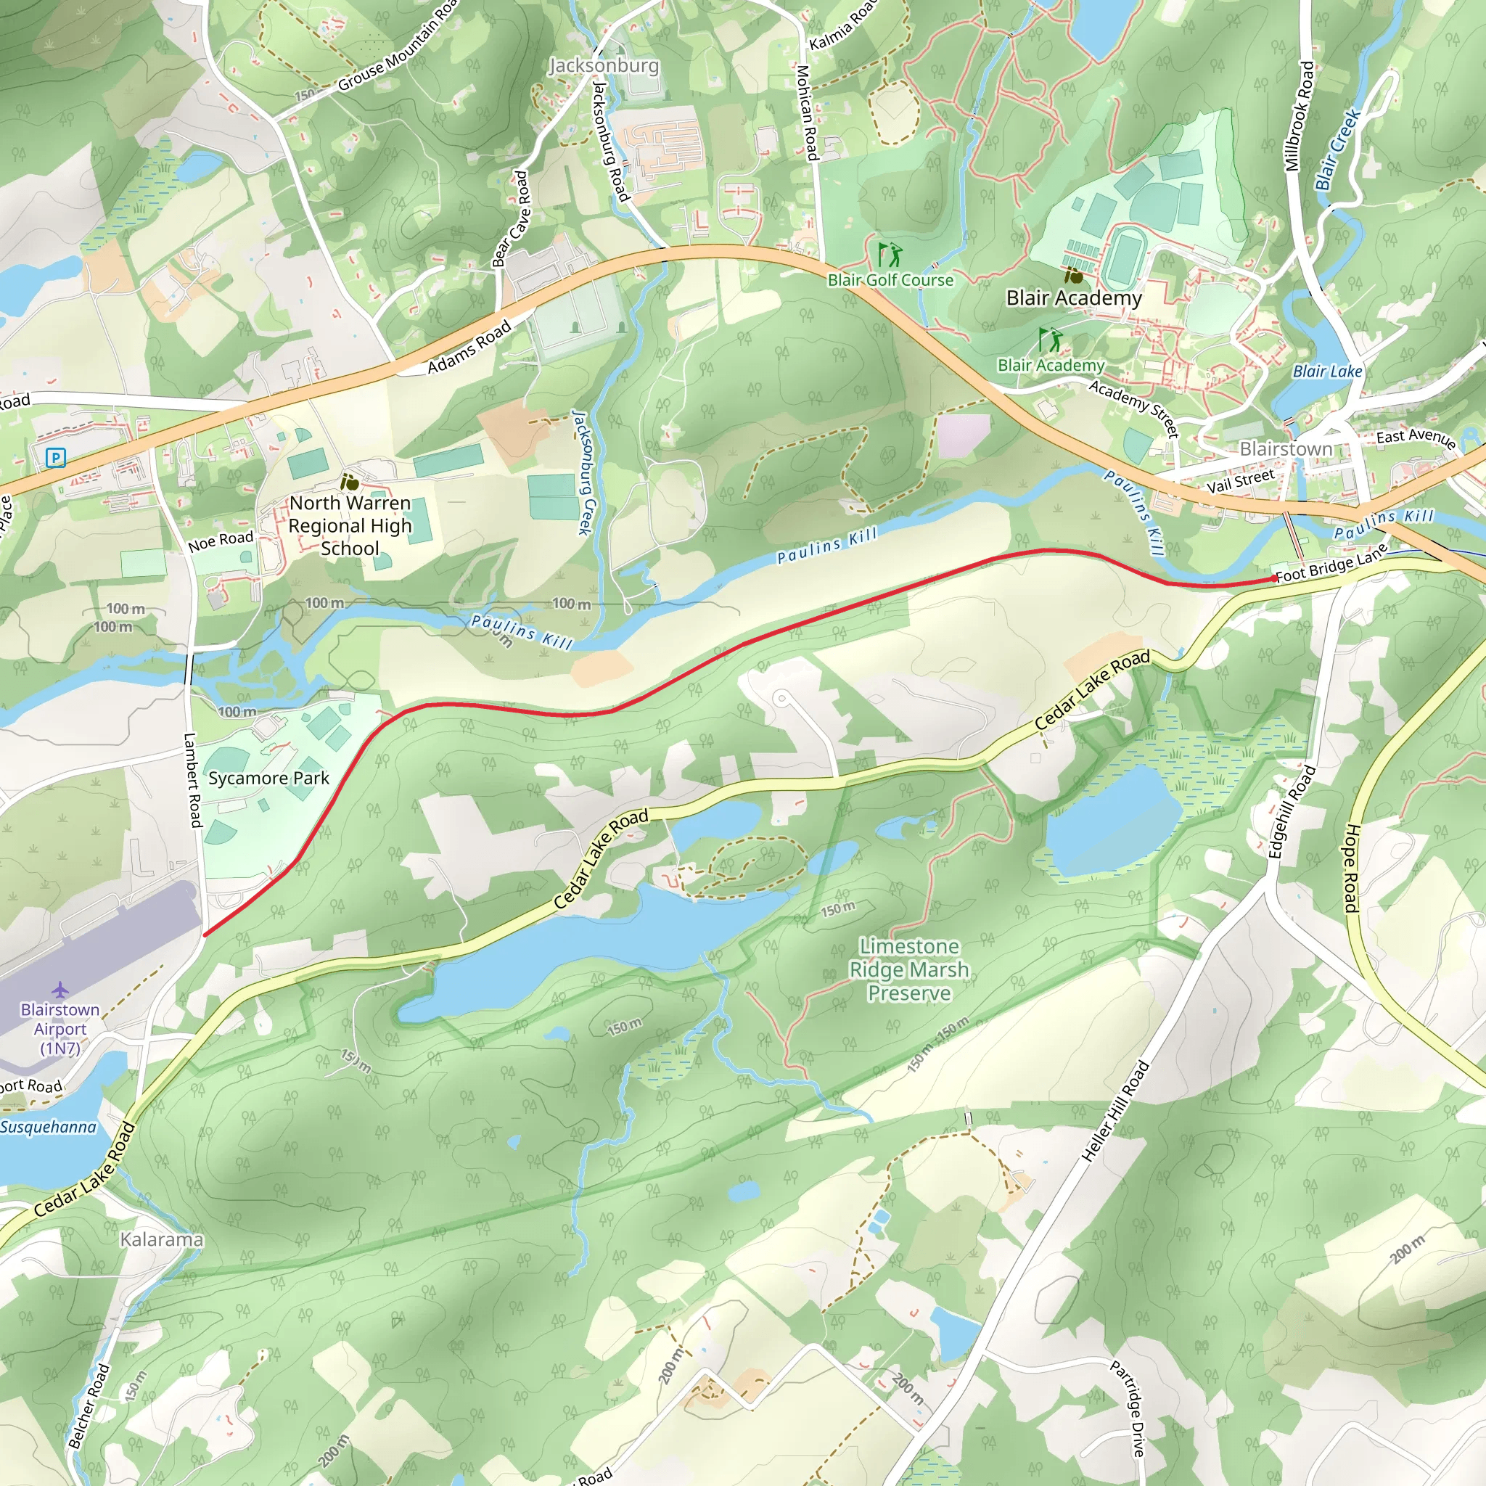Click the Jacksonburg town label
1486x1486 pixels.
[604, 65]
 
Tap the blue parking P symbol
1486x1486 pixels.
[55, 459]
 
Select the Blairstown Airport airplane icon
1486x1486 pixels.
[60, 989]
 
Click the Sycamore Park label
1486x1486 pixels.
[268, 779]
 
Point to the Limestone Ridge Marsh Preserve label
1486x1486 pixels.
[908, 970]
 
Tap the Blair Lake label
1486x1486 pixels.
[1327, 371]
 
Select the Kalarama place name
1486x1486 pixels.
[162, 1239]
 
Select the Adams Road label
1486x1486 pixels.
[469, 347]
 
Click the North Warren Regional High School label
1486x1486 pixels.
[350, 525]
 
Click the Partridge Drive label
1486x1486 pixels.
[1128, 1408]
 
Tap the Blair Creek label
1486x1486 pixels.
[1337, 150]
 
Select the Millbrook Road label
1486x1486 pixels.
[1299, 116]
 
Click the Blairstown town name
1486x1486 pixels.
[1285, 448]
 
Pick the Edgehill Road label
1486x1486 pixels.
[1292, 812]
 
